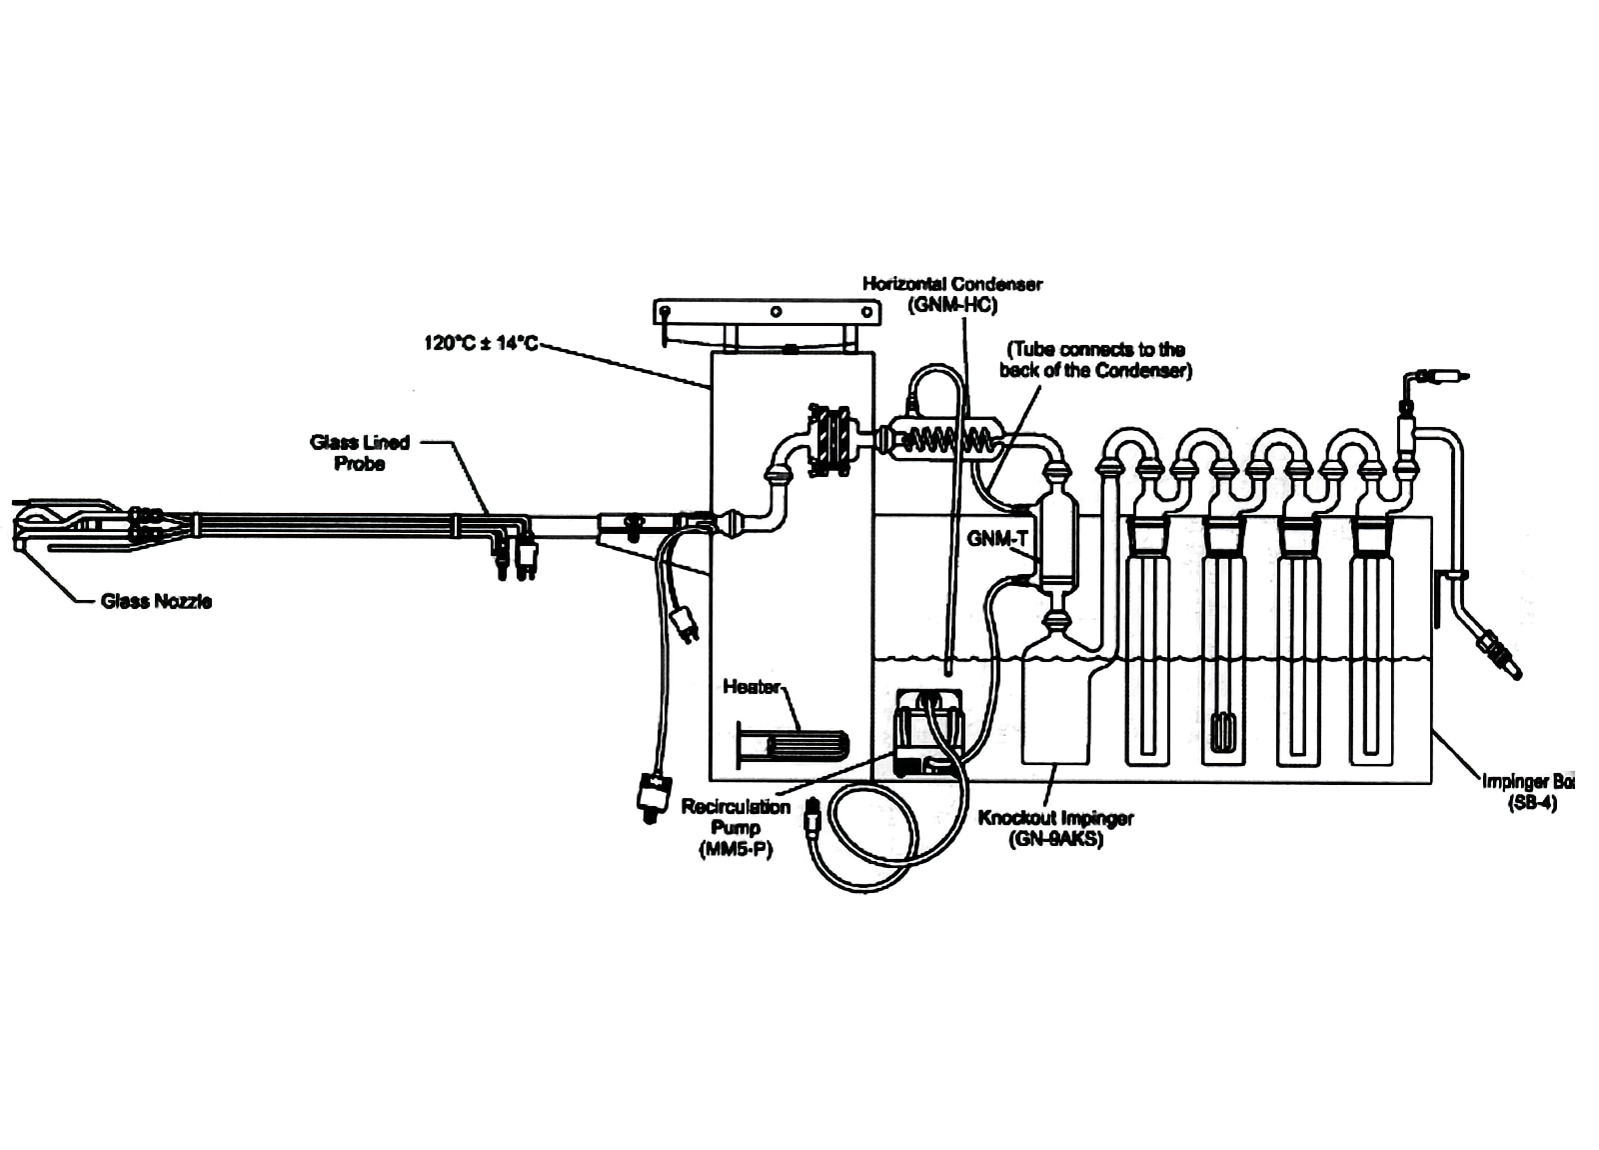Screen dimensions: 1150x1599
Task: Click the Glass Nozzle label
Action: tap(156, 601)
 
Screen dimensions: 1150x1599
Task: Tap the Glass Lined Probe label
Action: tap(360, 453)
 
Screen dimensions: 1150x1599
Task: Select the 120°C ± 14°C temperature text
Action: tap(481, 344)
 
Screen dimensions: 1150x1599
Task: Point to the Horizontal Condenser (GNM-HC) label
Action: tap(951, 294)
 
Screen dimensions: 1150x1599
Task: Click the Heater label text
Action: tap(751, 687)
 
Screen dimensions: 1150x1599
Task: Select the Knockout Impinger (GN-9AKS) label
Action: tap(1055, 828)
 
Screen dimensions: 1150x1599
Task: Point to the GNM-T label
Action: tap(997, 538)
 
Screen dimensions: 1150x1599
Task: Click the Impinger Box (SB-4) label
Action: tap(1528, 791)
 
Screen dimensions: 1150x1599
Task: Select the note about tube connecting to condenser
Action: tap(1095, 360)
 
